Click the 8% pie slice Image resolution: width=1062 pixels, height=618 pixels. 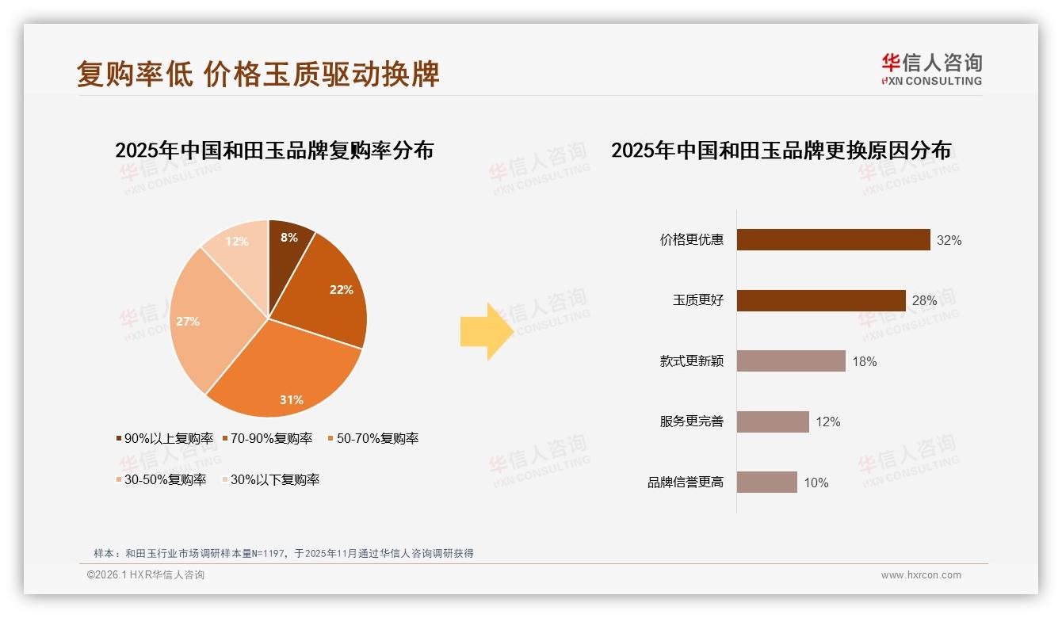pyautogui.click(x=288, y=246)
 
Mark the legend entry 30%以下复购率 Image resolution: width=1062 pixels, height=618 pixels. pyautogui.click(x=269, y=480)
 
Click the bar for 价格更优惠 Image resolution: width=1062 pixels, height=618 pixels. pyautogui.click(x=833, y=240)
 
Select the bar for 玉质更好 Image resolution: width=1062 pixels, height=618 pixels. pyautogui.click(x=821, y=300)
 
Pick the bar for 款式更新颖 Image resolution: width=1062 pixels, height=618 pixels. pyautogui.click(x=791, y=361)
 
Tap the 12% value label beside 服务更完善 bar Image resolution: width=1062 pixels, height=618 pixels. pyautogui.click(x=827, y=422)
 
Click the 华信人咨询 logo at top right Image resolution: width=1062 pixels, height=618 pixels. pyautogui.click(x=931, y=69)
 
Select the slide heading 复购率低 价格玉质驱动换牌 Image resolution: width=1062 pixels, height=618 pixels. pyautogui.click(x=258, y=74)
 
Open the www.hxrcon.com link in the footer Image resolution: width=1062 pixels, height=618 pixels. pyautogui.click(x=921, y=575)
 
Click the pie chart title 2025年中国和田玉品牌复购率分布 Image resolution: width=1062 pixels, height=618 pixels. pyautogui.click(x=274, y=151)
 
